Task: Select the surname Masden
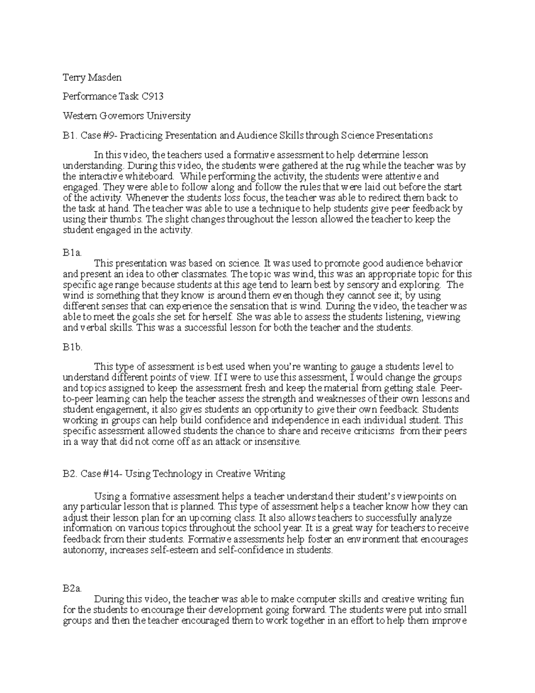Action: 104,78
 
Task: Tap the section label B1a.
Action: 72,253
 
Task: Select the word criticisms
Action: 366,431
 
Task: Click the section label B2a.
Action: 72,589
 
